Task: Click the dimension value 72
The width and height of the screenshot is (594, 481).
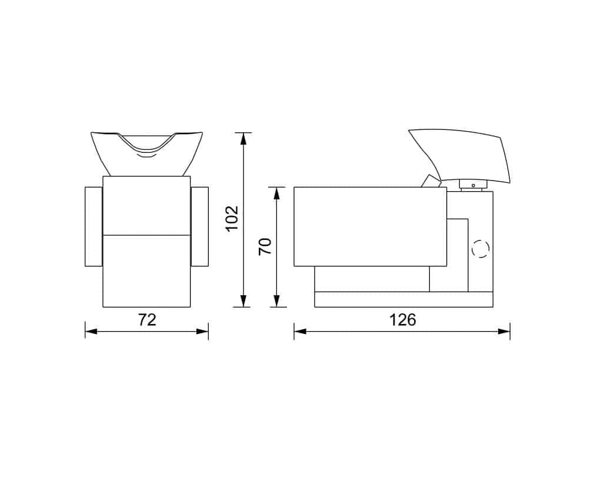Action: coord(146,320)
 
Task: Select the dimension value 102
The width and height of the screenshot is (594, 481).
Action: coord(232,218)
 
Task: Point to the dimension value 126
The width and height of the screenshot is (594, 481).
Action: coord(402,320)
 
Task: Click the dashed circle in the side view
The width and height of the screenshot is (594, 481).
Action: coord(480,249)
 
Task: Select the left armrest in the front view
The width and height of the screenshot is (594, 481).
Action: coord(94,226)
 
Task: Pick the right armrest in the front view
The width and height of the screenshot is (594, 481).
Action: coord(200,226)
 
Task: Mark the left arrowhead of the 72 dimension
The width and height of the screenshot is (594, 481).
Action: coord(90,332)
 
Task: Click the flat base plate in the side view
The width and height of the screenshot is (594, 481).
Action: coord(403,299)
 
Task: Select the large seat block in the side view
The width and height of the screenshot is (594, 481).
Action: coord(370,226)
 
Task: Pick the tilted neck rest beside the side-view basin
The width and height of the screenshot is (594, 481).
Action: coord(431,181)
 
